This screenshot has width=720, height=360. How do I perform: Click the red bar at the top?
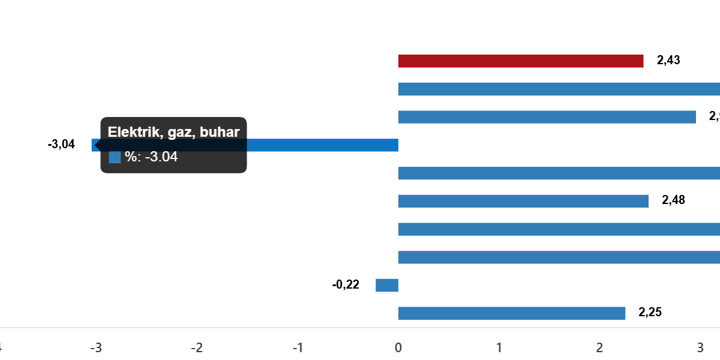[x=520, y=61]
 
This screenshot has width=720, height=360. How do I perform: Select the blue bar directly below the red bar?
[x=558, y=89]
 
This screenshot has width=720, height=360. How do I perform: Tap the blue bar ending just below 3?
[x=546, y=117]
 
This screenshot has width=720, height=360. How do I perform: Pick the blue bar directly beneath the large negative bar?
[x=558, y=173]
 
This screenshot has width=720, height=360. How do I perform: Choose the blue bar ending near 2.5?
[x=523, y=201]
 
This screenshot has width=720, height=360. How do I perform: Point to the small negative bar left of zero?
[x=387, y=285]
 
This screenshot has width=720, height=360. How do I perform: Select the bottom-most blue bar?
[x=511, y=313]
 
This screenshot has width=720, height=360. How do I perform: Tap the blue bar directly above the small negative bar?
[x=558, y=257]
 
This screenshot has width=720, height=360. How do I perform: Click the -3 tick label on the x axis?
[x=95, y=348]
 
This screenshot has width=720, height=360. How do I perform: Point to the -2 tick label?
[x=196, y=348]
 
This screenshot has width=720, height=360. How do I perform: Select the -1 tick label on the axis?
[x=297, y=348]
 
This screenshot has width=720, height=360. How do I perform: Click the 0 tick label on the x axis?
[x=398, y=348]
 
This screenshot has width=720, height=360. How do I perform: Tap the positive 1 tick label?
[x=499, y=348]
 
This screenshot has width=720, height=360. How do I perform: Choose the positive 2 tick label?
[x=599, y=348]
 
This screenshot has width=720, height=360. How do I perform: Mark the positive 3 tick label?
[x=700, y=348]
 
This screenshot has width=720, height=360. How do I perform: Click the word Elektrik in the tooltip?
[x=131, y=133]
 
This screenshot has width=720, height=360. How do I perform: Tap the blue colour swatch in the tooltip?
[x=115, y=157]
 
